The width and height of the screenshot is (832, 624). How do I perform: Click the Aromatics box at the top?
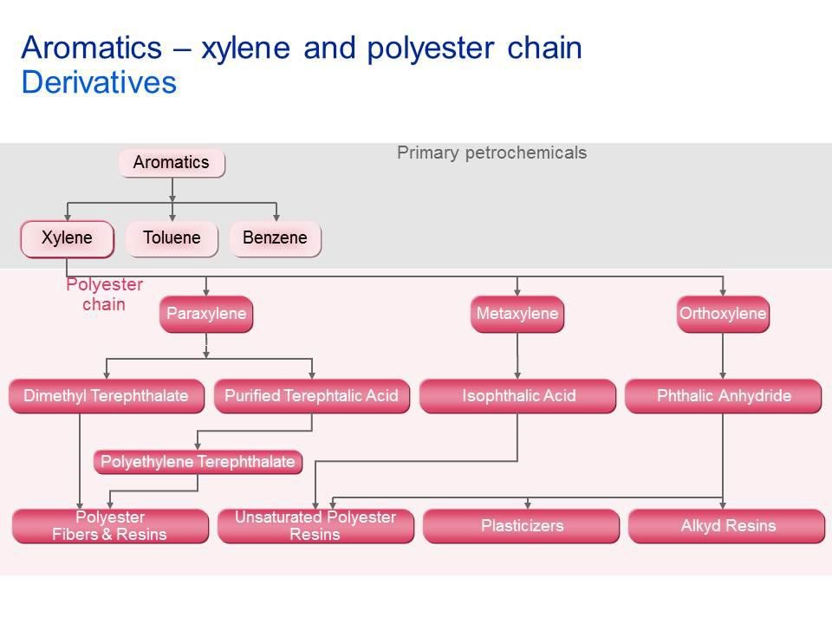click(x=172, y=163)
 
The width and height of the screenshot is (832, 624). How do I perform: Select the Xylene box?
click(x=68, y=238)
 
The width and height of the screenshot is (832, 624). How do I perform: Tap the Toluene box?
click(x=172, y=238)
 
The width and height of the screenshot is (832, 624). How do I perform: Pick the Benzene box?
click(x=275, y=238)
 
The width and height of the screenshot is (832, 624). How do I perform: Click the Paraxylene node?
click(x=206, y=314)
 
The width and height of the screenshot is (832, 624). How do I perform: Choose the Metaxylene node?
click(x=517, y=314)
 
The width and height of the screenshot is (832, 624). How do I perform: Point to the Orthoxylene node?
click(x=723, y=314)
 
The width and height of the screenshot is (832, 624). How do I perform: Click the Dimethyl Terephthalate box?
click(x=106, y=396)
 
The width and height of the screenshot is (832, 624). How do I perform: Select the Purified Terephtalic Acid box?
click(x=311, y=396)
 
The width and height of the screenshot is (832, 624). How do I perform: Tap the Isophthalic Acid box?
click(x=518, y=396)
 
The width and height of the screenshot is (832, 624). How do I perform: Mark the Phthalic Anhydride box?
click(x=724, y=396)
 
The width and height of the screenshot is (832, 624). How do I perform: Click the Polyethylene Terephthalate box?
click(x=198, y=462)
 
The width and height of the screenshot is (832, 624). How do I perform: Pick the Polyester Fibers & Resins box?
click(x=109, y=526)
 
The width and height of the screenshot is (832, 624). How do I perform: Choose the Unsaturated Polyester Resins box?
click(x=315, y=526)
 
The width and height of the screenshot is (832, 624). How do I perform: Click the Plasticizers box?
click(x=522, y=526)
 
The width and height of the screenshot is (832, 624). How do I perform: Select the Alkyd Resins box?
click(x=727, y=526)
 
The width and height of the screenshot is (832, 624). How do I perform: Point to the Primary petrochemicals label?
click(x=491, y=153)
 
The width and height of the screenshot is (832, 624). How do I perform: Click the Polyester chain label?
click(x=104, y=295)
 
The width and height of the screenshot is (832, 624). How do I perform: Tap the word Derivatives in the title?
click(x=98, y=82)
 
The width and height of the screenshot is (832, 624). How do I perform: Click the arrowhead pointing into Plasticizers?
click(x=528, y=504)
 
